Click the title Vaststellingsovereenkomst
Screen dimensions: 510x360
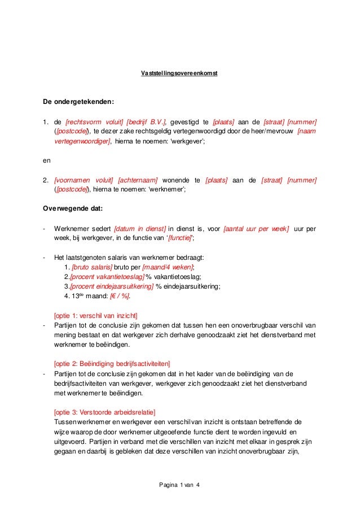tap(179, 73)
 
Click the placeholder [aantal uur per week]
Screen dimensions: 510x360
tap(256, 229)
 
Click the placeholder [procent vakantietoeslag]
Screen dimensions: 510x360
tap(107, 277)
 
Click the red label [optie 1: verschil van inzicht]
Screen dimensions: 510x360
tap(95, 315)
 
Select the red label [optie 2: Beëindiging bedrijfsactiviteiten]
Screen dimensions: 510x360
tap(111, 363)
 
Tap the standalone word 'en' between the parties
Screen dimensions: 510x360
tap(47, 160)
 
